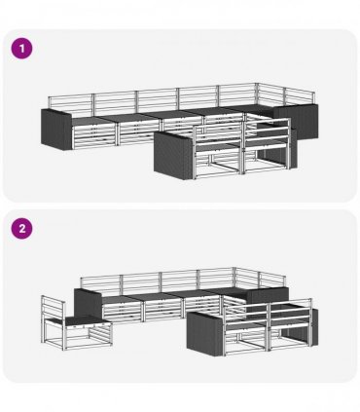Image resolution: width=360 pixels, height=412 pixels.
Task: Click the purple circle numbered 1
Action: [x=22, y=49]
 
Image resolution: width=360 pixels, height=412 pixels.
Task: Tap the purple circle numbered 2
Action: [x=22, y=229]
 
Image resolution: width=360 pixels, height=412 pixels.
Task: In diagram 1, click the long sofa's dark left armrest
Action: [x=56, y=130]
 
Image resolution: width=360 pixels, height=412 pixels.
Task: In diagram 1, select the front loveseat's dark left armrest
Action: [x=173, y=156]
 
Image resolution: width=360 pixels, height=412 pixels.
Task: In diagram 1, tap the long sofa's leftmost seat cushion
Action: [x=90, y=121]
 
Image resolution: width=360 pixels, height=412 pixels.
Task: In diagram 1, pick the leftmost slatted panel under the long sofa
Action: [x=94, y=136]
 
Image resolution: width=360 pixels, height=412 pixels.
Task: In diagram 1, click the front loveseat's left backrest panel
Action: [x=218, y=135]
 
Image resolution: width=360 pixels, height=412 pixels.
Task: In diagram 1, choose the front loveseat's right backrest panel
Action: [x=267, y=132]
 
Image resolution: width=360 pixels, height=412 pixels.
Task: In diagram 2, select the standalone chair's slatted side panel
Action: [x=100, y=334]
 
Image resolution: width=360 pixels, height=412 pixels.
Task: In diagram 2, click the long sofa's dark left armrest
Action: [x=89, y=303]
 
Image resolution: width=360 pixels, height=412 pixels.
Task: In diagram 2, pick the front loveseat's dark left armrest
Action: [x=205, y=333]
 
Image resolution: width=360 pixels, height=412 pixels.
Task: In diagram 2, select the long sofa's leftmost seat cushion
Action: [x=121, y=299]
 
